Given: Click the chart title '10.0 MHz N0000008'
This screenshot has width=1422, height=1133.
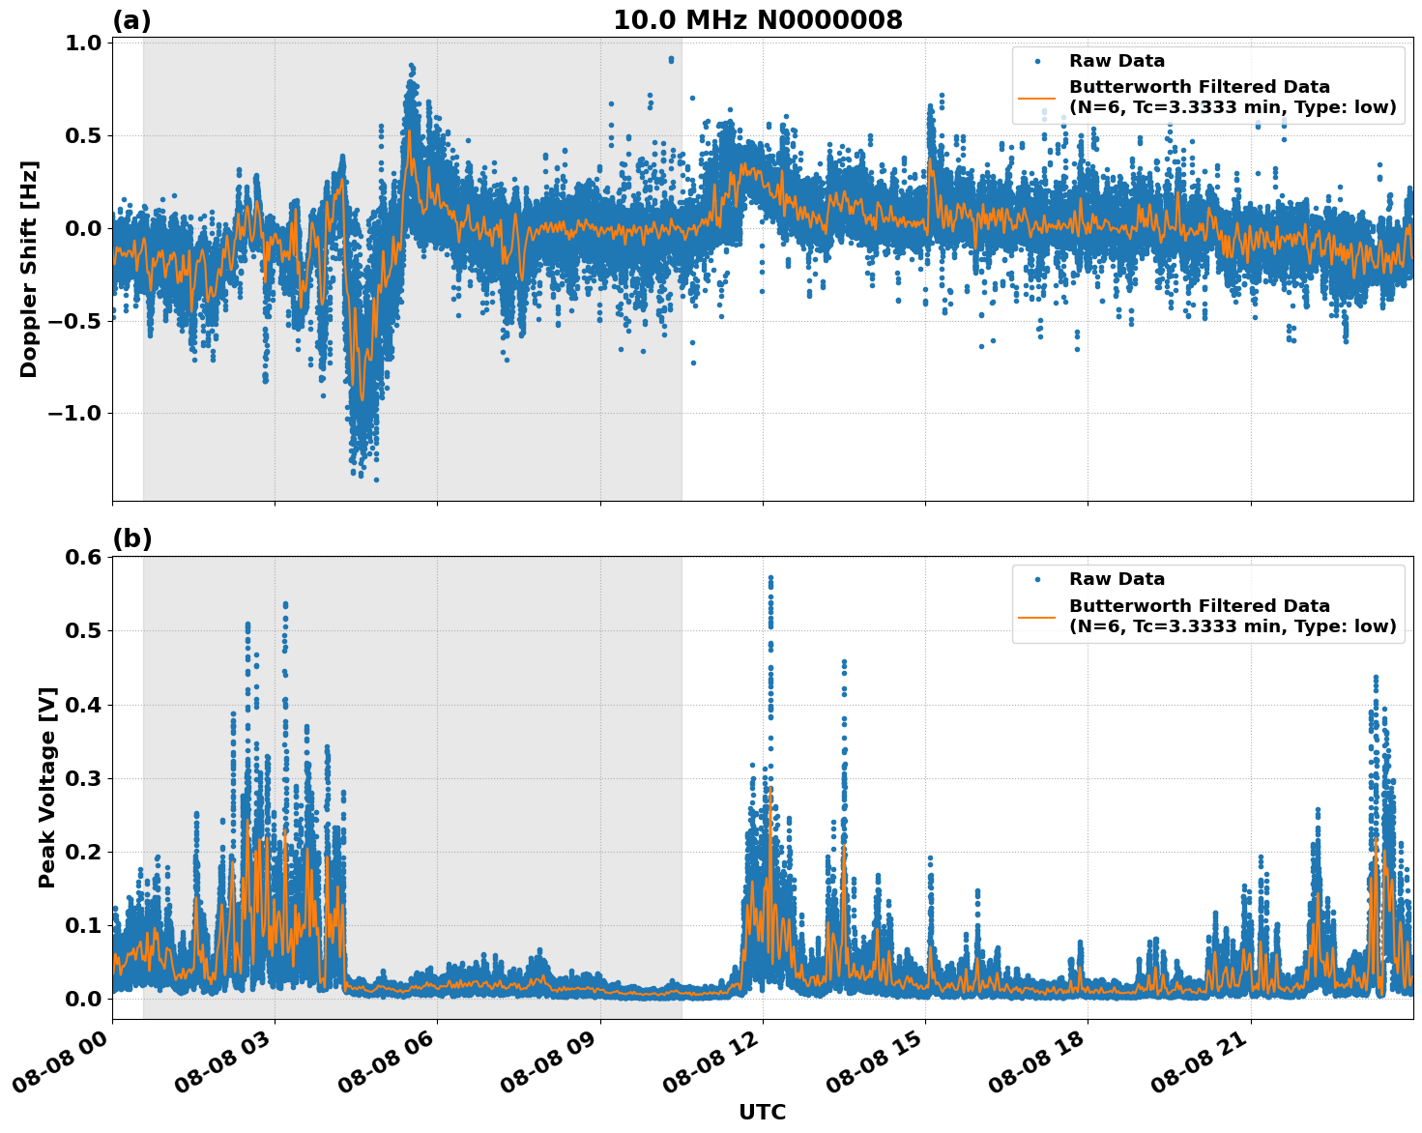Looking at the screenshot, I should [757, 20].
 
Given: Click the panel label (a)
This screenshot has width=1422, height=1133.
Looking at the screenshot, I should [131, 20].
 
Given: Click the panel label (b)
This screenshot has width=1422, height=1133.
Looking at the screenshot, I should [131, 538].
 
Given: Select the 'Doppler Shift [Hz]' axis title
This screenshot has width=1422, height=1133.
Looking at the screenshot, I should [29, 269].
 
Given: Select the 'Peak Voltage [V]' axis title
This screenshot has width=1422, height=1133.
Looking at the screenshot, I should [46, 787].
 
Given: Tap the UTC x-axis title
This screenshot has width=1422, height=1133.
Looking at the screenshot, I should [762, 1112].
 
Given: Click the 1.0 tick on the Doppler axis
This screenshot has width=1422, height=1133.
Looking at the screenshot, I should [83, 43].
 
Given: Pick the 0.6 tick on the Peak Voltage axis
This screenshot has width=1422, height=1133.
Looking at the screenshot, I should [83, 558].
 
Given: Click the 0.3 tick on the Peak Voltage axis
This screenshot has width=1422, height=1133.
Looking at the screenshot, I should [83, 778].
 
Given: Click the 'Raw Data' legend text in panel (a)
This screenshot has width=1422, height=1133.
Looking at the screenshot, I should [1117, 61].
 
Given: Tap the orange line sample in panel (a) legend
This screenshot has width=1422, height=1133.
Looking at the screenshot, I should [1036, 97].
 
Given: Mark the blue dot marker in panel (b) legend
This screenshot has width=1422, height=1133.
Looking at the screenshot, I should [1036, 579].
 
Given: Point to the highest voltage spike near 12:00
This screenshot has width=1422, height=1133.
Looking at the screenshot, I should [770, 578].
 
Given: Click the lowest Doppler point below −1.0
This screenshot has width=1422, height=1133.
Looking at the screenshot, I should [376, 479].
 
